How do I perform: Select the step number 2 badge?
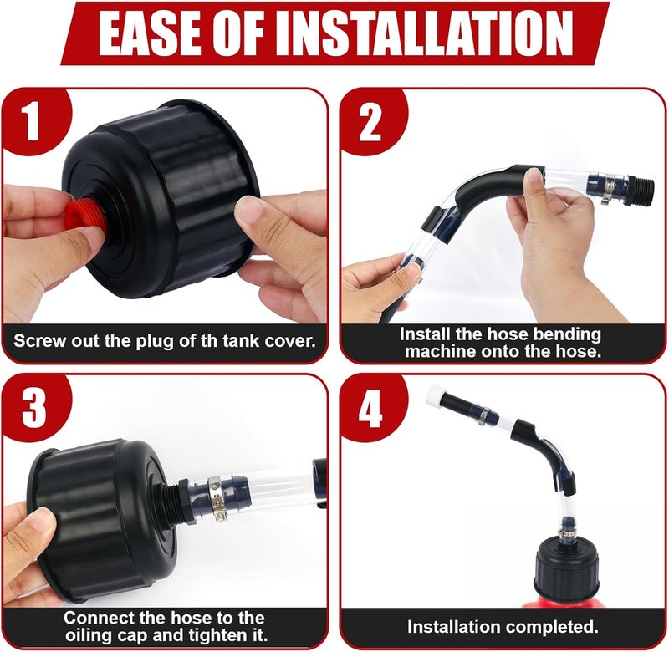pos(370,123)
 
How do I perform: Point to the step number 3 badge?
pos(34,408)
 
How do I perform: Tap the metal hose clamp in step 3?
pos(216,497)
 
